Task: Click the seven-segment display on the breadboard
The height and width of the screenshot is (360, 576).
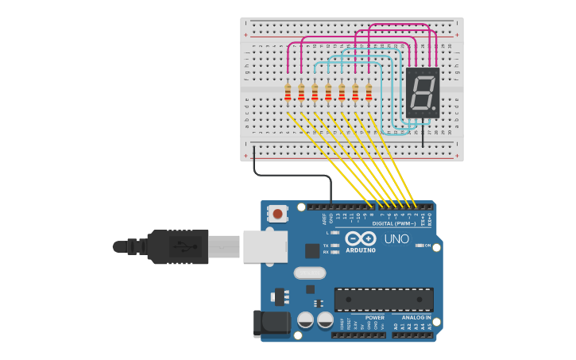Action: click(422, 92)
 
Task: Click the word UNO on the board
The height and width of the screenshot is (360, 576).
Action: click(396, 239)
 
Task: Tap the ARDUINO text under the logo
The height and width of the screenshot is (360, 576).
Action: click(361, 250)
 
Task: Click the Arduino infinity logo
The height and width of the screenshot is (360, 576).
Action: click(360, 238)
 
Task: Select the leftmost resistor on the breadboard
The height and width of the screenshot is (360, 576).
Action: click(288, 92)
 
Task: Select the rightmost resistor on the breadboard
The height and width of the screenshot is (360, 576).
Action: click(369, 92)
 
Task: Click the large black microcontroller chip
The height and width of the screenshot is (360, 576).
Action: click(384, 300)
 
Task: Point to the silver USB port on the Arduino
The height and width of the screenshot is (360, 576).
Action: click(265, 246)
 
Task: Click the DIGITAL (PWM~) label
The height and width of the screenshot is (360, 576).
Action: click(393, 223)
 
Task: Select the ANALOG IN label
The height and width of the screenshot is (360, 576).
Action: click(416, 317)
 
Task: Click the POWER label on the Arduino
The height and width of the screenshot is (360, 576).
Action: click(375, 317)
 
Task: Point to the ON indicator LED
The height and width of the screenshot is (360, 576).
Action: click(419, 246)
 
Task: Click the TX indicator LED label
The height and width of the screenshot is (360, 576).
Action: click(327, 246)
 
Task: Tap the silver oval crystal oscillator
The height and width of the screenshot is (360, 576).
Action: click(309, 273)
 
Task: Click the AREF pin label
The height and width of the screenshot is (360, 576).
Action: click(324, 217)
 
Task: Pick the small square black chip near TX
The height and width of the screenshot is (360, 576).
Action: click(312, 250)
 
